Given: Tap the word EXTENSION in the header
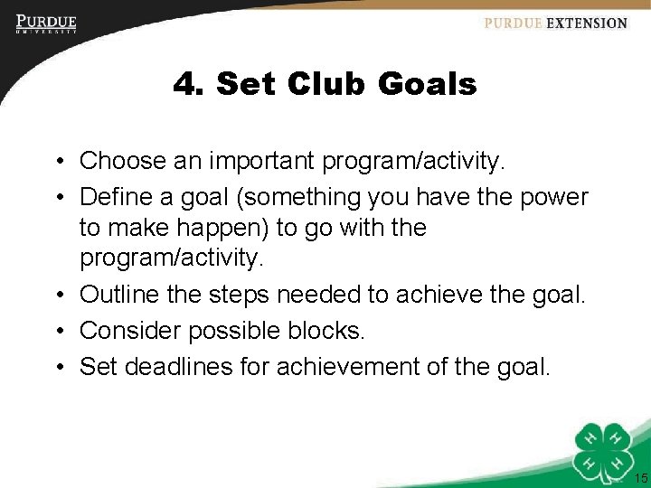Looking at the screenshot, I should [x=586, y=23].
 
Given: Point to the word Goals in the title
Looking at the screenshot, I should [x=427, y=85].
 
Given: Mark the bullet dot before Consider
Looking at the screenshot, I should [x=57, y=331].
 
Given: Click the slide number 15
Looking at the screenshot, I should [x=640, y=478].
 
